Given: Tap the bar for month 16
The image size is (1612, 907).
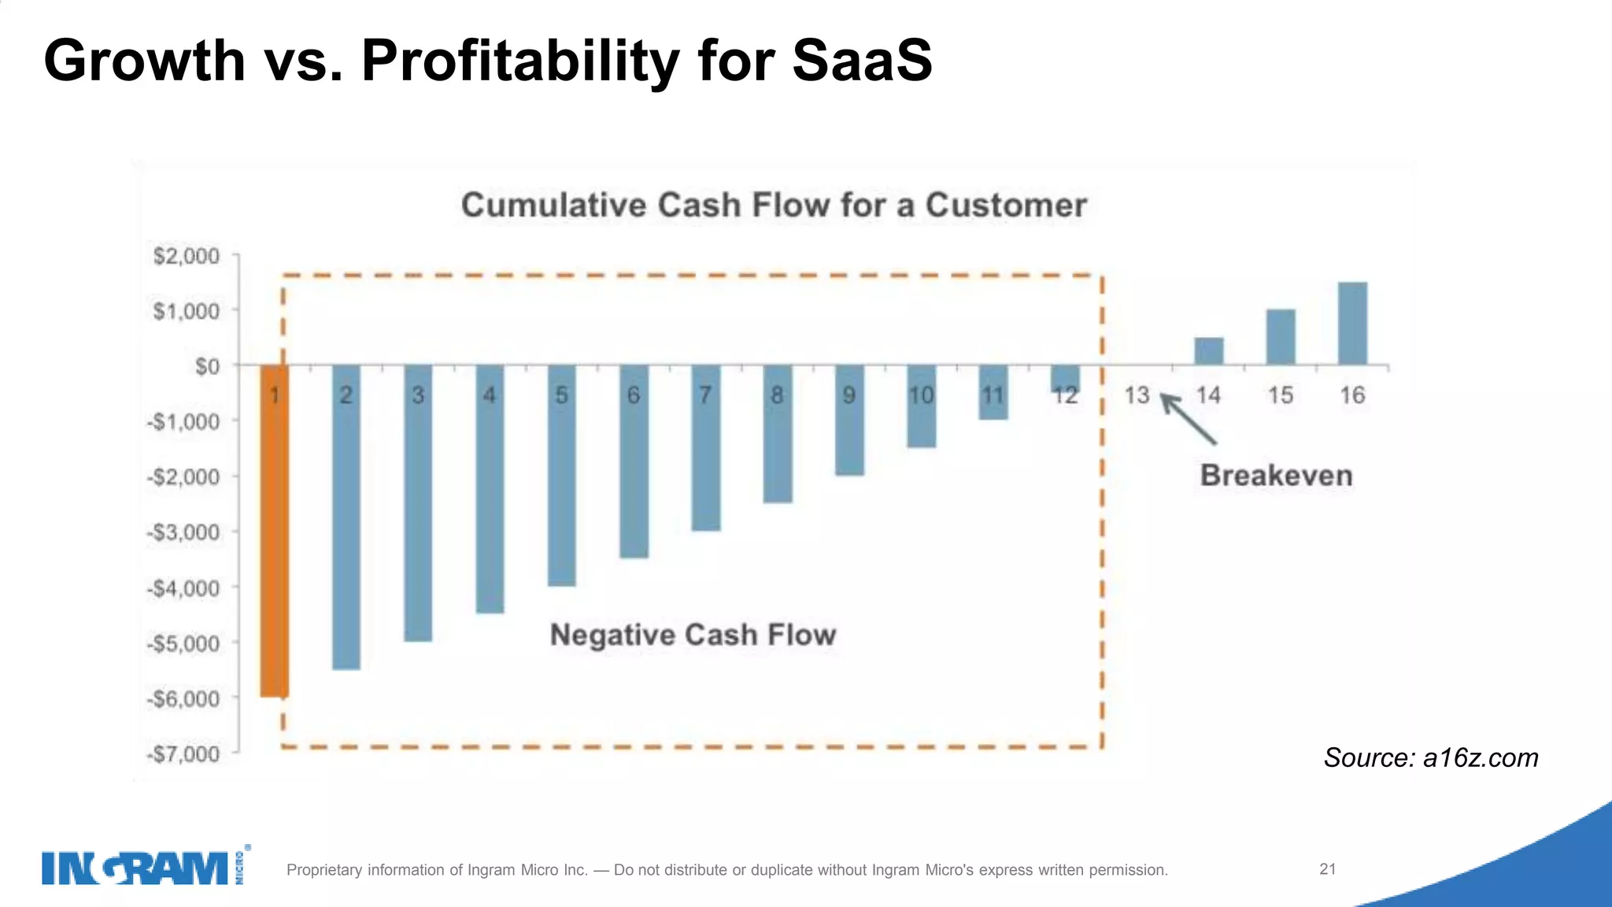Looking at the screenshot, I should point(1352,323).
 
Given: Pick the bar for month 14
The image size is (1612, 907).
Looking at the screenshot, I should point(1208,351).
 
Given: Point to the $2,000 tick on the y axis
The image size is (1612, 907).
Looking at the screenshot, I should point(187,256).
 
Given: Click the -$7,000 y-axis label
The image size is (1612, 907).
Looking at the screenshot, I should point(183,754).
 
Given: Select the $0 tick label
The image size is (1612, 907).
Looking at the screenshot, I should point(207,367).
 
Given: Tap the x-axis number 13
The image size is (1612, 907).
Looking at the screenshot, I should point(1137,395).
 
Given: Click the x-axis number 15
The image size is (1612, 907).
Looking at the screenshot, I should point(1280,395).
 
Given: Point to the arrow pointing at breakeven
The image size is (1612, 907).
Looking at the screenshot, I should point(1189,420).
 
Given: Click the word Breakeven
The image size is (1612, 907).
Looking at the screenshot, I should point(1276,476).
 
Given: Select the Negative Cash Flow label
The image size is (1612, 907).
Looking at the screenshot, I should point(693,635).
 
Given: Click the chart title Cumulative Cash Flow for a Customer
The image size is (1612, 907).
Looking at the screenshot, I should point(774,205).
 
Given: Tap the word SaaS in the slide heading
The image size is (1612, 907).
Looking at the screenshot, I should point(862,61).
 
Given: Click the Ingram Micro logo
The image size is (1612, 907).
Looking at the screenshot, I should point(146,868).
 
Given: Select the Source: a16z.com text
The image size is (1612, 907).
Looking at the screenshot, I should point(1430,757).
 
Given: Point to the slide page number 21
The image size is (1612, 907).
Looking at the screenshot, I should point(1327,869).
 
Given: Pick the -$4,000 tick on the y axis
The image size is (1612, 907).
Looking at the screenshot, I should point(183,588).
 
